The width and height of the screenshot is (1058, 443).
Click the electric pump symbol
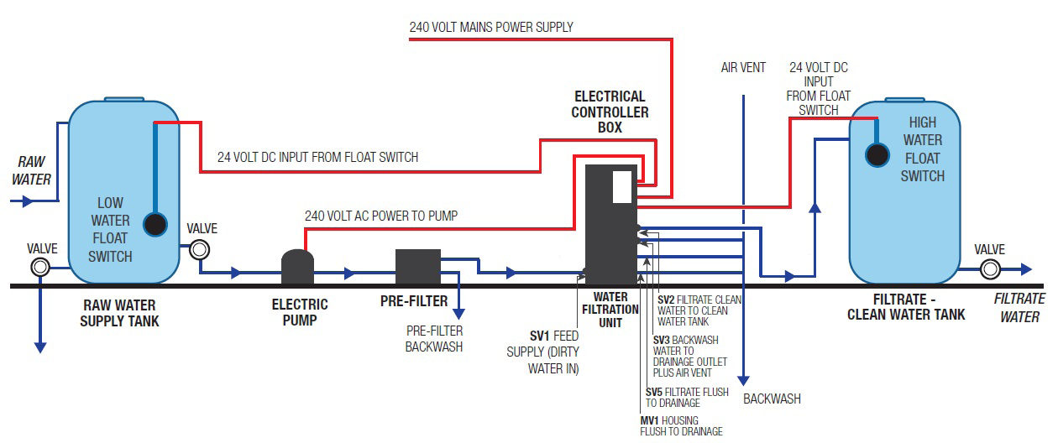pyautogui.click(x=296, y=267)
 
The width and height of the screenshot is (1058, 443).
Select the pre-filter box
pyautogui.click(x=417, y=267)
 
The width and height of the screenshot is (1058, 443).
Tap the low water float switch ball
pyautogui.click(x=155, y=224)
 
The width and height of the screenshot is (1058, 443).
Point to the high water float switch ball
pyautogui.click(x=877, y=154)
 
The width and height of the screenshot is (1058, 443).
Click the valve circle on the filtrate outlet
pyautogui.click(x=990, y=269)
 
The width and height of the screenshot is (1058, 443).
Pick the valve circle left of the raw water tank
pyautogui.click(x=39, y=268)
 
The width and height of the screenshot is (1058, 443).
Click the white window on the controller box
pyautogui.click(x=621, y=186)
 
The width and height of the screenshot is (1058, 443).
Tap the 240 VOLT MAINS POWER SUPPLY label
pyautogui.click(x=491, y=27)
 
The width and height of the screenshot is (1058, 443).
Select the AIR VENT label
pyautogui.click(x=743, y=67)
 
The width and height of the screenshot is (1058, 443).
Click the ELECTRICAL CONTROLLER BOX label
pyautogui.click(x=610, y=112)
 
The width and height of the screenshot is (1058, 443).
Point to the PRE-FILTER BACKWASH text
pyautogui.click(x=434, y=338)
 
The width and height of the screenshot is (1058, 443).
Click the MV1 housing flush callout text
pyautogui.click(x=680, y=425)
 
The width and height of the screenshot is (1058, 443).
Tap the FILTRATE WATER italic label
pyautogui.click(x=1019, y=307)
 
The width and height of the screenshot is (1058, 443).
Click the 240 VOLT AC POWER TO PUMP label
pyautogui.click(x=380, y=216)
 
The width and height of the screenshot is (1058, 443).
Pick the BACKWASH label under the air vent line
pyautogui.click(x=772, y=399)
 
